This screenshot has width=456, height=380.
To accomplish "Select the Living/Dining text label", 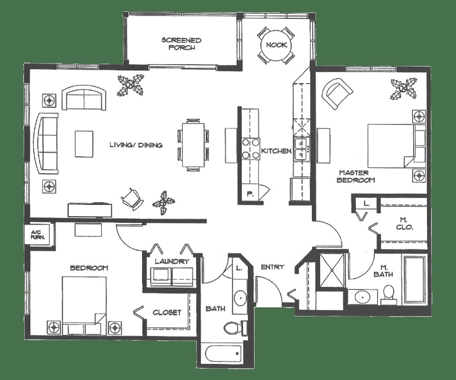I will click(136, 145).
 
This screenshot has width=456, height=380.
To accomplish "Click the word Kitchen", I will click(276, 151).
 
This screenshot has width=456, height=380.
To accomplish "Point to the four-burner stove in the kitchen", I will click(250, 148).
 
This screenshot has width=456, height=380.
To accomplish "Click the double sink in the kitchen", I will click(301, 149).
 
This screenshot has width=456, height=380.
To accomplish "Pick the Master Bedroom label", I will click(356, 176).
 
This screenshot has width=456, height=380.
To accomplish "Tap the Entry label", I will click(273, 267).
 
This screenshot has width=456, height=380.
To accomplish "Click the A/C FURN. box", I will click(37, 234).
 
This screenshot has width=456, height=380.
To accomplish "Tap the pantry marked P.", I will click(250, 193).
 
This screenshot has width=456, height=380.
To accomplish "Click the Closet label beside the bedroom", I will click(167, 312).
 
